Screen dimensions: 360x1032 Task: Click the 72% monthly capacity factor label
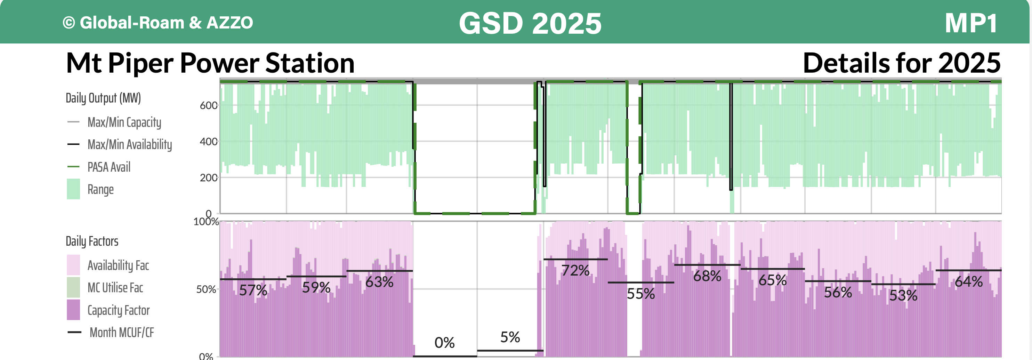click(x=575, y=271)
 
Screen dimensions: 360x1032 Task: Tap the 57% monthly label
click(x=253, y=290)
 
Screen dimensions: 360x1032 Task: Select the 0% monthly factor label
click(x=444, y=343)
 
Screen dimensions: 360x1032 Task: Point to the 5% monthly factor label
click(x=510, y=337)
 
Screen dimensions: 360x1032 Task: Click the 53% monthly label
click(x=903, y=295)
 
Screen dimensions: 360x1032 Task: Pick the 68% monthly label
click(x=707, y=276)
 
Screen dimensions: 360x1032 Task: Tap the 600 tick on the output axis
click(x=208, y=105)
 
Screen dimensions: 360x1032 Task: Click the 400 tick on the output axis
click(x=208, y=141)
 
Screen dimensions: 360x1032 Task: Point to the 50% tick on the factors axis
click(x=206, y=289)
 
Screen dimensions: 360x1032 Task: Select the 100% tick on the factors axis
click(x=206, y=222)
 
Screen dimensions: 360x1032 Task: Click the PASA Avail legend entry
click(x=108, y=167)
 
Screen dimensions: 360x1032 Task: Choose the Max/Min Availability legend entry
click(x=129, y=145)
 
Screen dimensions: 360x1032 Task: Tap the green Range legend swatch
click(x=73, y=189)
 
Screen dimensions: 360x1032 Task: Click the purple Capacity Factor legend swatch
click(x=73, y=310)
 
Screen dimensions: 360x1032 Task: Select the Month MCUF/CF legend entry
click(x=121, y=332)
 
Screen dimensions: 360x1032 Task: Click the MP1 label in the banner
click(x=971, y=23)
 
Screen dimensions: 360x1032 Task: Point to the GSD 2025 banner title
click(x=530, y=23)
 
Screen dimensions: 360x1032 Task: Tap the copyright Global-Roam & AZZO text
click(x=158, y=23)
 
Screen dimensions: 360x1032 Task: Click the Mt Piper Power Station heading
click(x=210, y=63)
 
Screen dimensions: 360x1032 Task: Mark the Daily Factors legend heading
click(x=92, y=242)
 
